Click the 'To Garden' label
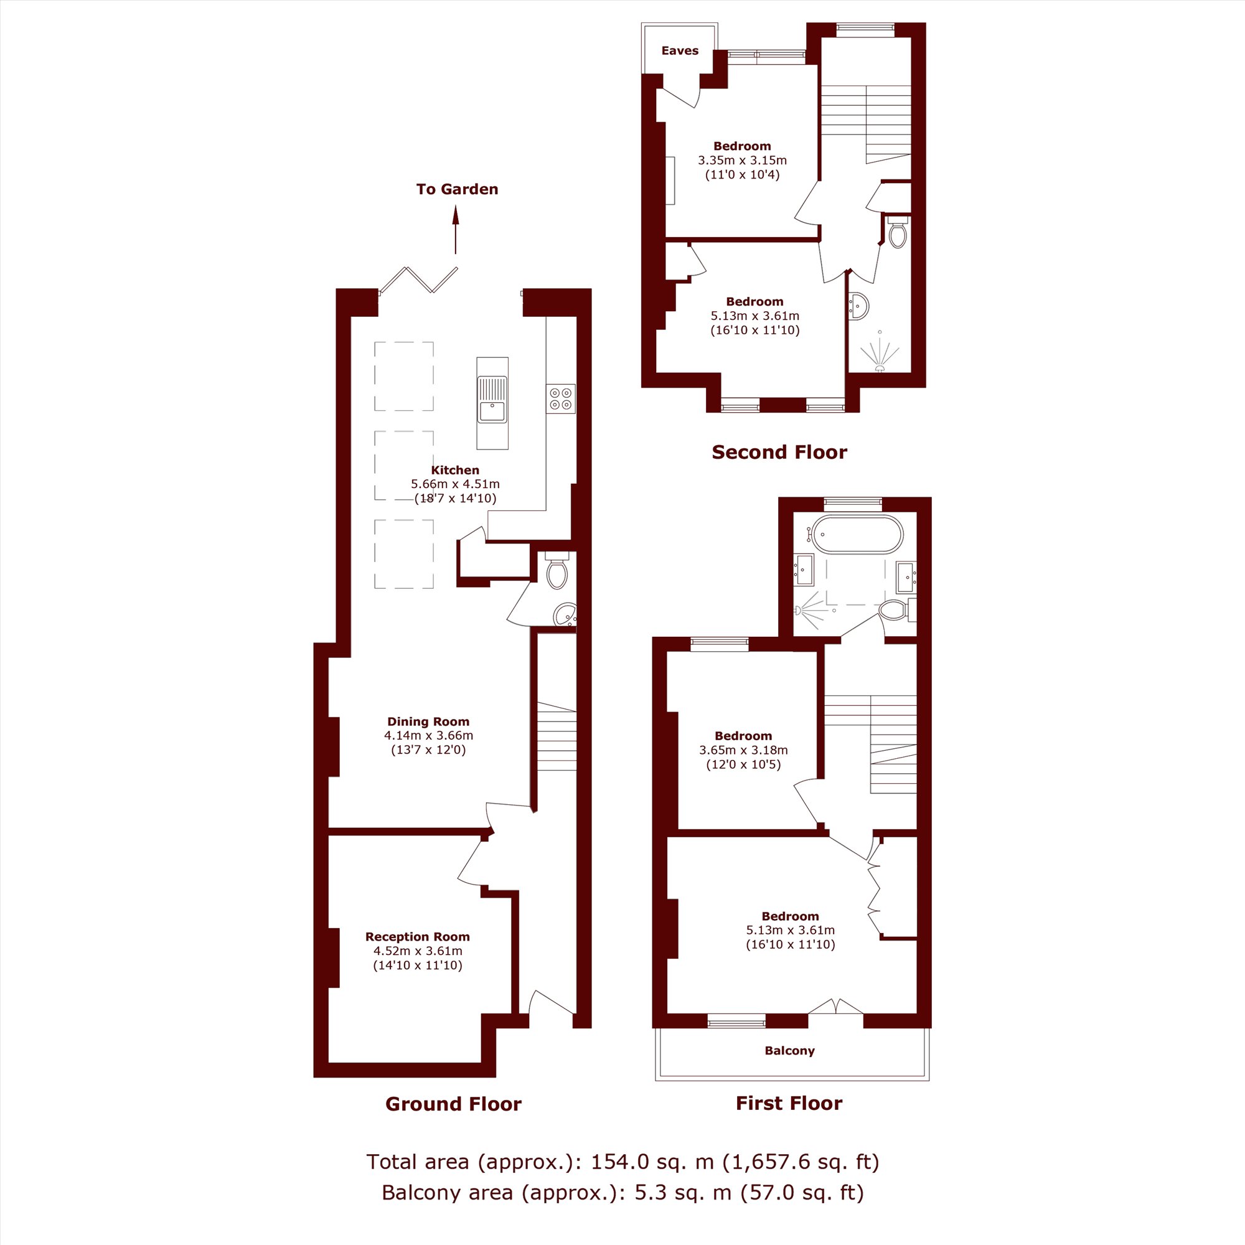pos(457,189)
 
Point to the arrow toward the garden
pos(456,230)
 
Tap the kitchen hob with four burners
pos(561,398)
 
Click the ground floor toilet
pos(557,570)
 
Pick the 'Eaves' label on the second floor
pos(680,51)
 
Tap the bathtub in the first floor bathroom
pos(857,534)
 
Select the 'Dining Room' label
pos(428,721)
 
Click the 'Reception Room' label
pos(418,937)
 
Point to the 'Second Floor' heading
pos(779,453)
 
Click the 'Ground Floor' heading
pos(453,1104)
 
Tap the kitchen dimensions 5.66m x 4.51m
pos(455,484)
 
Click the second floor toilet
pos(898,232)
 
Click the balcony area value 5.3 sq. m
pos(683,1193)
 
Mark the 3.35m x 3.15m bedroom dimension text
pos(743,161)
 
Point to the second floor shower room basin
pos(859,306)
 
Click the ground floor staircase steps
pos(557,736)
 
